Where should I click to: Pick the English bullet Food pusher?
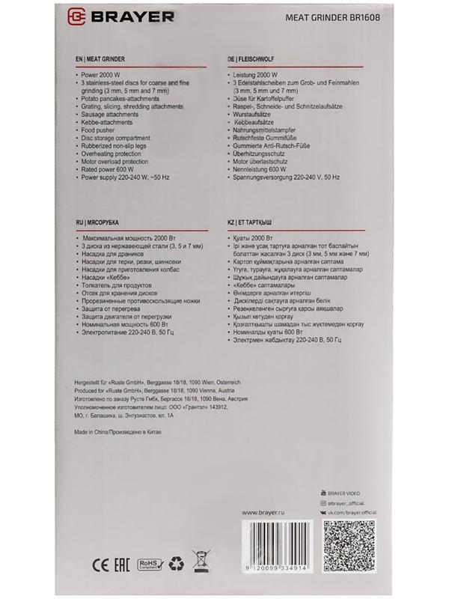(103, 129)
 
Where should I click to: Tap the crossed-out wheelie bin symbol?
(201, 559)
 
